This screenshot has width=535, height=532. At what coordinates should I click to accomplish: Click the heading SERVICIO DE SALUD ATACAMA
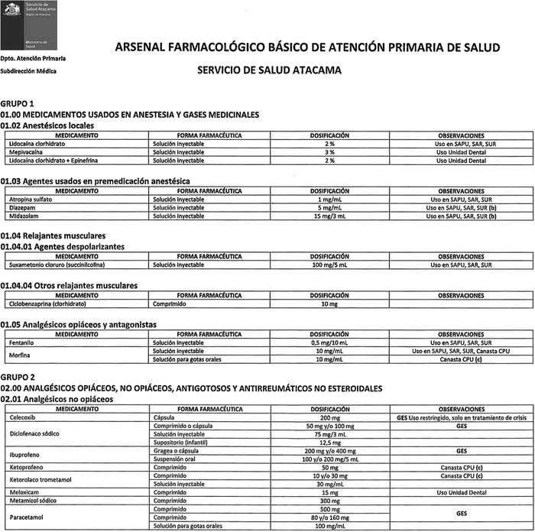[268, 70]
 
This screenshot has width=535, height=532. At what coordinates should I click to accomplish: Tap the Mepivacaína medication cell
[26, 152]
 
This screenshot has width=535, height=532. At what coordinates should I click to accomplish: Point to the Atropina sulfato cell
[31, 199]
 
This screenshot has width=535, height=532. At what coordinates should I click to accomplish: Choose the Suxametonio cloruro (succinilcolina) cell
[56, 264]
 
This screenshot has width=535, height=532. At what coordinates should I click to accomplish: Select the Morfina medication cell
[19, 355]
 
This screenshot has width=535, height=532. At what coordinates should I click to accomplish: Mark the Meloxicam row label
[24, 493]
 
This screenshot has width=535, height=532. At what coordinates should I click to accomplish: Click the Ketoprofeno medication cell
[26, 467]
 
